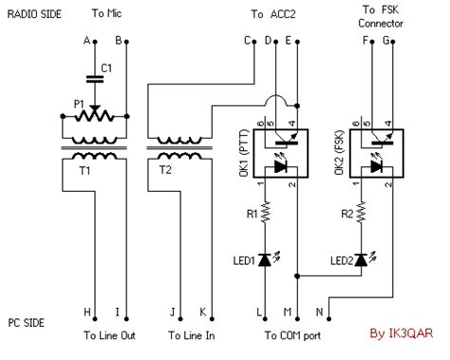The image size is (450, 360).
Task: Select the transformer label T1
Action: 85,172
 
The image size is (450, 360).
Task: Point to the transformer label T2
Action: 166,172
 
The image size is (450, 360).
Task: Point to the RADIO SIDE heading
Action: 35,14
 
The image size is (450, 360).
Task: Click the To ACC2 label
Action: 273,14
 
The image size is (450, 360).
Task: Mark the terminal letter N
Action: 318,312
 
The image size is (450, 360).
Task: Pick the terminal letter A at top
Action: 87,40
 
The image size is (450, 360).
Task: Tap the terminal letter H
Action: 87,312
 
